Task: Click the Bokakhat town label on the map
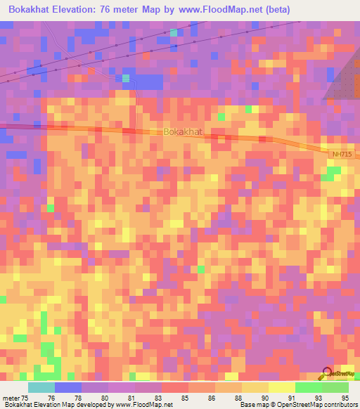(x=182, y=131)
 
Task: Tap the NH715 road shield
(x=341, y=152)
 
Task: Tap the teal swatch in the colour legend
(x=41, y=387)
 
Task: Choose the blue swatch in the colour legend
(x=68, y=387)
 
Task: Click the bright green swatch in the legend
(x=308, y=387)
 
